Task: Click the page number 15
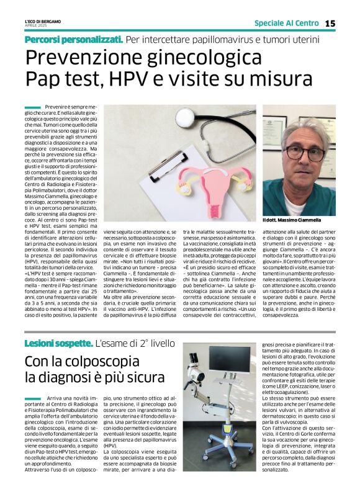(x=347, y=23)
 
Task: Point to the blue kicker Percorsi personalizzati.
(x=73, y=38)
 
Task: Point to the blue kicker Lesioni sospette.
(x=58, y=343)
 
